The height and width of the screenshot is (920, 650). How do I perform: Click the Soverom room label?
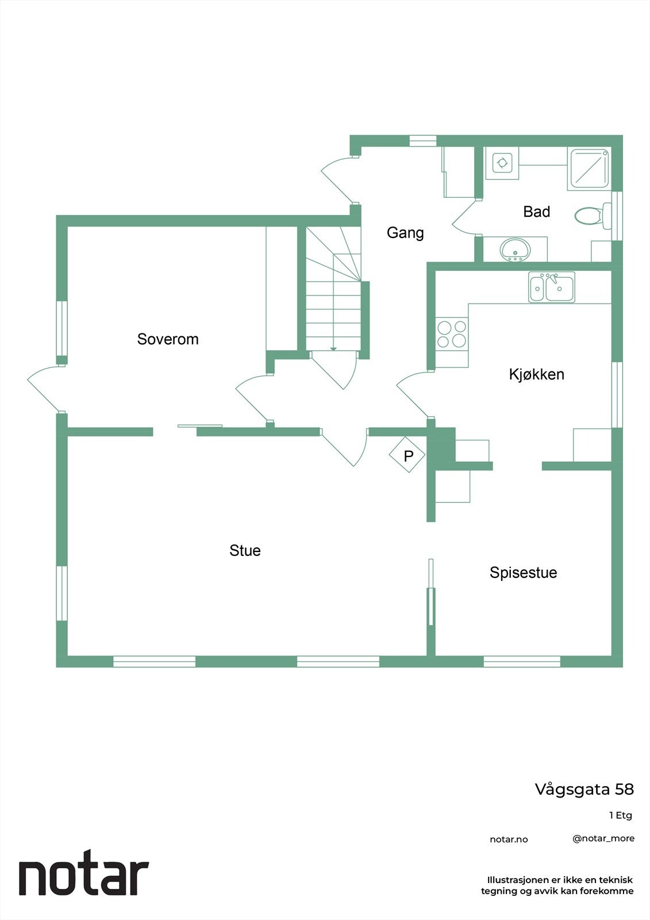coord(168,339)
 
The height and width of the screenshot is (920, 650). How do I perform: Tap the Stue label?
coord(245,551)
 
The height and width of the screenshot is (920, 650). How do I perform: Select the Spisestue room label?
coord(523,573)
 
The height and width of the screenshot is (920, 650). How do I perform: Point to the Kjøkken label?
coord(536,374)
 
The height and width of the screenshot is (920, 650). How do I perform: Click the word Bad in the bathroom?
coord(536,212)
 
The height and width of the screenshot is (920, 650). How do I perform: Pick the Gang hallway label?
coord(405,233)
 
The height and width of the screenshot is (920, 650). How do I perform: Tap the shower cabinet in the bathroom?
coord(588,169)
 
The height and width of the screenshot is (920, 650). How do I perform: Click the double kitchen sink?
coord(552,287)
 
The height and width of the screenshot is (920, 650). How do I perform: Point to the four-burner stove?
coord(451,334)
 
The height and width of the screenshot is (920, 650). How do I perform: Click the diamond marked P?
coord(408,456)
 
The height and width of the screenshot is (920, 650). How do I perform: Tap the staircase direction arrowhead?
coord(333,349)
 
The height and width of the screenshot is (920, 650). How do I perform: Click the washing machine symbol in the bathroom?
coord(502,163)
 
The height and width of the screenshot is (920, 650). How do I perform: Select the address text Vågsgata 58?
coord(584,789)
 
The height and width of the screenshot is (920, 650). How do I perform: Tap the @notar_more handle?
coord(603,838)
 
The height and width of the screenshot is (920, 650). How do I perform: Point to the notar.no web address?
coord(509,839)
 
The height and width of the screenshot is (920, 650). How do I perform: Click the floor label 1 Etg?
coord(621,815)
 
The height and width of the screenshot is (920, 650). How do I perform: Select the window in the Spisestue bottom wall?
coord(522,661)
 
